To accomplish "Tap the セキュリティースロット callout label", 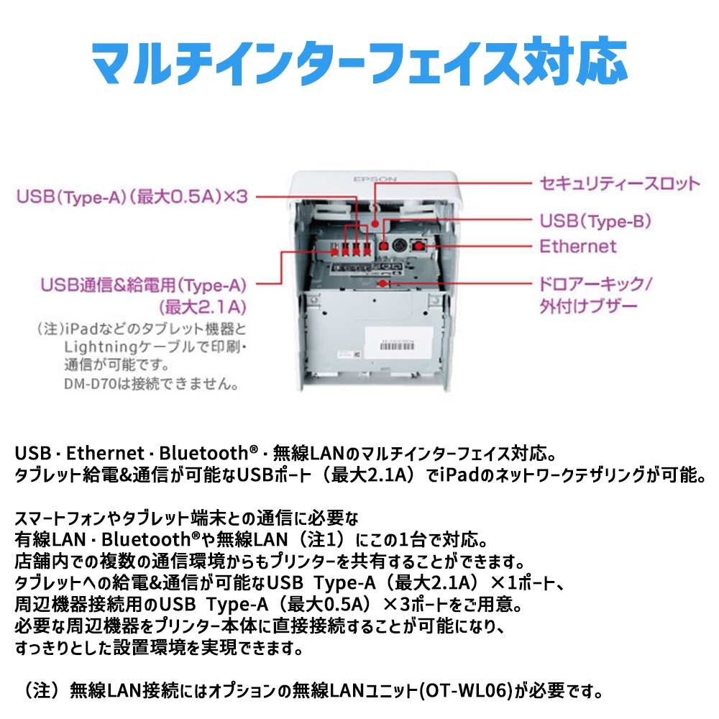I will click(619, 183).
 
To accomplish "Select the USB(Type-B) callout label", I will click(595, 221).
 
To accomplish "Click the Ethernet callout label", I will click(578, 247).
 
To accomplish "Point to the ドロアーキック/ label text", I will click(596, 284).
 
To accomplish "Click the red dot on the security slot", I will click(374, 206).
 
